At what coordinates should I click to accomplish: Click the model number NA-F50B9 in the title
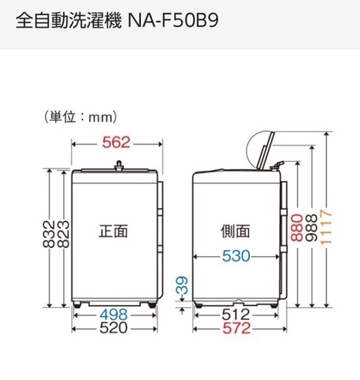click(x=173, y=21)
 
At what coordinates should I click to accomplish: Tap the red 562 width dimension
click(x=116, y=142)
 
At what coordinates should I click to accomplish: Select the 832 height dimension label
click(x=49, y=234)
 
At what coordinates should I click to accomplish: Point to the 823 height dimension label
click(x=63, y=234)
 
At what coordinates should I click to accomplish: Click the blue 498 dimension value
click(x=114, y=315)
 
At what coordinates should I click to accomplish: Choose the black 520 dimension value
click(x=114, y=328)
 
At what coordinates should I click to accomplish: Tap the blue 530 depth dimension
click(x=236, y=256)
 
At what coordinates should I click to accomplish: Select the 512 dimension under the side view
click(x=236, y=315)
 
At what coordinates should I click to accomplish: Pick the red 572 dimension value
click(x=237, y=328)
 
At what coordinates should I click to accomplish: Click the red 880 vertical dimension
click(x=297, y=228)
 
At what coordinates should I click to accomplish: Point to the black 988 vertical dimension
click(x=311, y=228)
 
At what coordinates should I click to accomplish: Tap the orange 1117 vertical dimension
click(x=326, y=227)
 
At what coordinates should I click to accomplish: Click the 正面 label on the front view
click(x=114, y=232)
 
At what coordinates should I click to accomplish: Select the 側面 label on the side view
click(x=235, y=232)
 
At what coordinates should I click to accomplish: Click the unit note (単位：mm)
click(x=80, y=117)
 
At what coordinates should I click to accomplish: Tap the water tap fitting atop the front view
click(x=120, y=166)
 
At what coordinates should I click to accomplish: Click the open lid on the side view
click(x=266, y=151)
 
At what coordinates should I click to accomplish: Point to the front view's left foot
click(x=77, y=304)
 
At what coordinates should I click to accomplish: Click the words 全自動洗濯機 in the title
click(x=69, y=21)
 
